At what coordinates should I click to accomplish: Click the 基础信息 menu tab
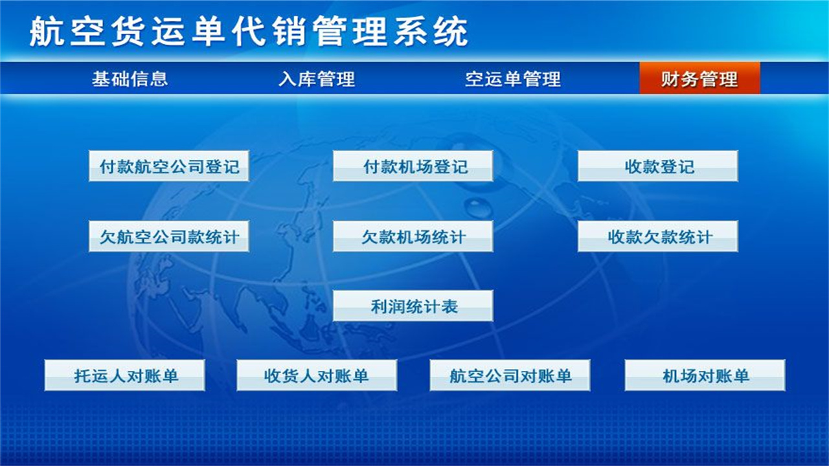(x=130, y=79)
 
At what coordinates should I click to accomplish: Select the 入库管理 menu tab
(x=317, y=79)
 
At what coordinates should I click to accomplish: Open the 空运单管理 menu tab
(x=512, y=79)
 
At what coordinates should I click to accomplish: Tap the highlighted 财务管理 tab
(x=699, y=79)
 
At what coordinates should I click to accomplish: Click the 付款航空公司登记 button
(x=169, y=166)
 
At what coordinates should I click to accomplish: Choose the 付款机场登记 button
(x=413, y=166)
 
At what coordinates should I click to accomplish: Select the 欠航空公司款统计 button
(x=169, y=236)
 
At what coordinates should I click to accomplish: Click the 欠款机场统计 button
(x=413, y=236)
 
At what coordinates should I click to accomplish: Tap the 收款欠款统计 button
(x=658, y=236)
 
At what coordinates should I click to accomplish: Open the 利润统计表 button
(x=413, y=306)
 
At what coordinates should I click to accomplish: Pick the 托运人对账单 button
(x=125, y=375)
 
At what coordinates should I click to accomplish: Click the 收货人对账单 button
(x=317, y=375)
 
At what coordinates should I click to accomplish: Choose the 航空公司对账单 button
(x=510, y=375)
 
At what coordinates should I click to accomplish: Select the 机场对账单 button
(x=705, y=375)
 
